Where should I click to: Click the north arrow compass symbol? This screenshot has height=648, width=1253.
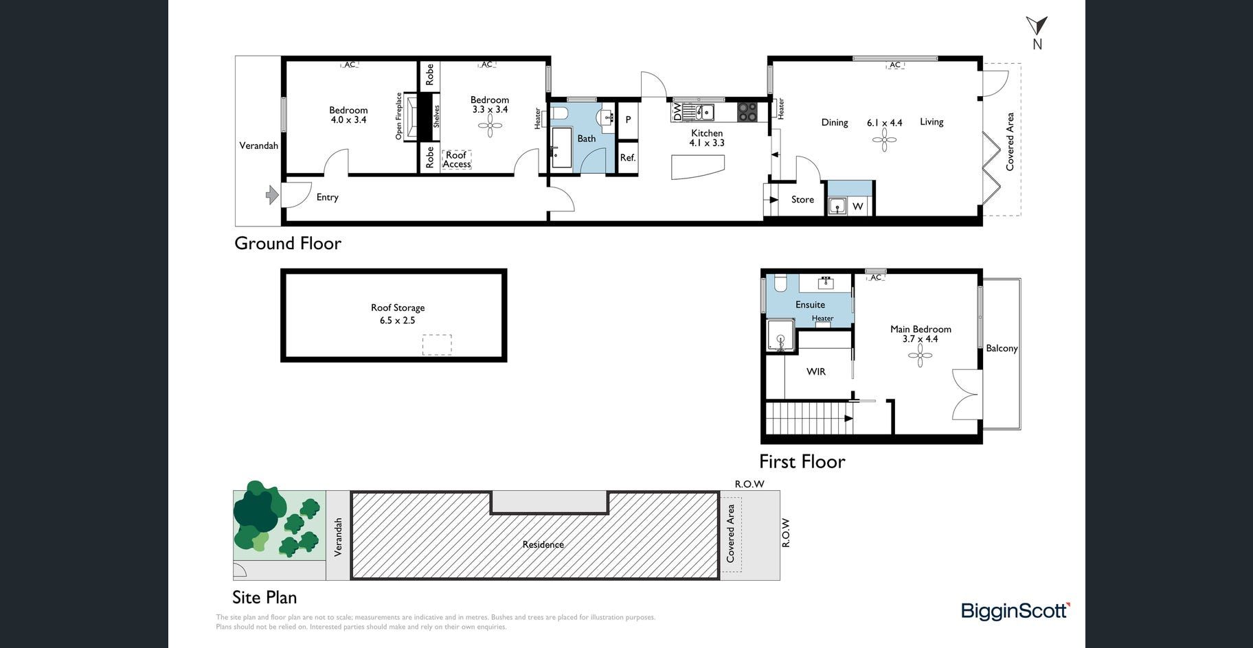coord(1037,27)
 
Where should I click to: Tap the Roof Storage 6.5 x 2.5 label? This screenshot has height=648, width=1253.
coord(398,314)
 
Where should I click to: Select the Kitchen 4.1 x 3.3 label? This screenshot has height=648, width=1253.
coord(707,138)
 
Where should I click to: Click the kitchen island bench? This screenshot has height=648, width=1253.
coord(697,167)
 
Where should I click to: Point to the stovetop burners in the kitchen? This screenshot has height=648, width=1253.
coord(747,111)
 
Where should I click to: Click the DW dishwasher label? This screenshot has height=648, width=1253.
coord(677,112)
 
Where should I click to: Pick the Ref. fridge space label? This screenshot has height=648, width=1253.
coord(628,158)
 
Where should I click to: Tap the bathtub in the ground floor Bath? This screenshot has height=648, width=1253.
coord(561,147)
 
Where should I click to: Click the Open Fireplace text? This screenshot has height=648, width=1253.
coord(398,116)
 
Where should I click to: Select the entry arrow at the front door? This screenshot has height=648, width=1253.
coord(272,195)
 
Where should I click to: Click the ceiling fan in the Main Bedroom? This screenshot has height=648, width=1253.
coord(920,355)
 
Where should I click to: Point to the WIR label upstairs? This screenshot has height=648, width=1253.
coord(816,371)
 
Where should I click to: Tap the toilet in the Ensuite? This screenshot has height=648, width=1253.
coord(780,282)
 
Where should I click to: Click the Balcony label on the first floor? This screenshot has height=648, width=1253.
coord(1002,349)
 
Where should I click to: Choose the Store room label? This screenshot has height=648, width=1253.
coord(802,200)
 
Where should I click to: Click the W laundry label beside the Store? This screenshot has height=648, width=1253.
coord(857,206)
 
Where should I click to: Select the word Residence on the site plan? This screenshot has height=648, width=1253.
coord(543,544)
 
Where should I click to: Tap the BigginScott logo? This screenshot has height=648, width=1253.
coord(1015,610)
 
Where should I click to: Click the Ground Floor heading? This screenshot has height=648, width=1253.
coord(288,243)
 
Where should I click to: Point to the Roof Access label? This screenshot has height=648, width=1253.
coord(457,159)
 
